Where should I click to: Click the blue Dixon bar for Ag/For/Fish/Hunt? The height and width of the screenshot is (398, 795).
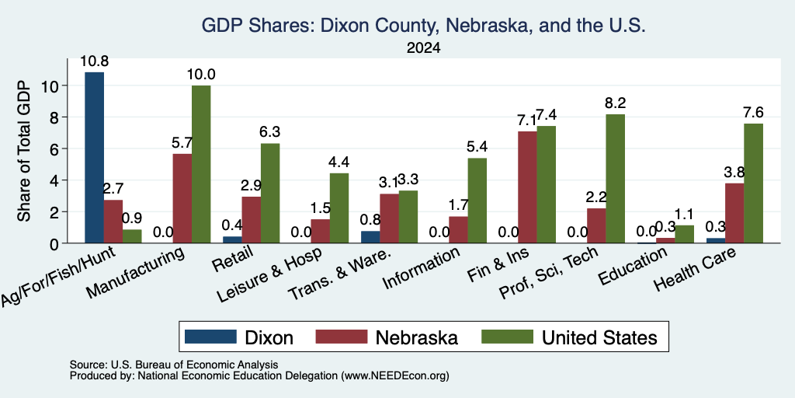tap(94, 157)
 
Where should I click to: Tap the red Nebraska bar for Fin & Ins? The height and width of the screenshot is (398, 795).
tap(527, 187)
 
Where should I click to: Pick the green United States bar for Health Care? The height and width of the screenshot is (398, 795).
tap(753, 183)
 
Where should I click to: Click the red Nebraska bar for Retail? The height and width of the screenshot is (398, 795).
tap(251, 220)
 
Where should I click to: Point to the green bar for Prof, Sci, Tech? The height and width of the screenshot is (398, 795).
tap(615, 179)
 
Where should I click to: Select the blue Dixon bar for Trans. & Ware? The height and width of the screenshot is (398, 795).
tap(370, 237)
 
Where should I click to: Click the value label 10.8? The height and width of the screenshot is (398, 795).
tap(94, 62)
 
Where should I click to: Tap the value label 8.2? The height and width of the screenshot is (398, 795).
tap(615, 103)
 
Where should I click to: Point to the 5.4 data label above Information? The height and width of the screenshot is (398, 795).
tap(477, 148)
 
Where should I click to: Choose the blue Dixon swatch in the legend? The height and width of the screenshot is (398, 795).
tap(210, 337)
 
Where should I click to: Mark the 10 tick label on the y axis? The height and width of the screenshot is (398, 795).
tap(50, 86)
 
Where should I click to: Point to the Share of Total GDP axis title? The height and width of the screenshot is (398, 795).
tap(24, 151)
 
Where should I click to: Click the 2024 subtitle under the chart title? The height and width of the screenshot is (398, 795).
tap(423, 48)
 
